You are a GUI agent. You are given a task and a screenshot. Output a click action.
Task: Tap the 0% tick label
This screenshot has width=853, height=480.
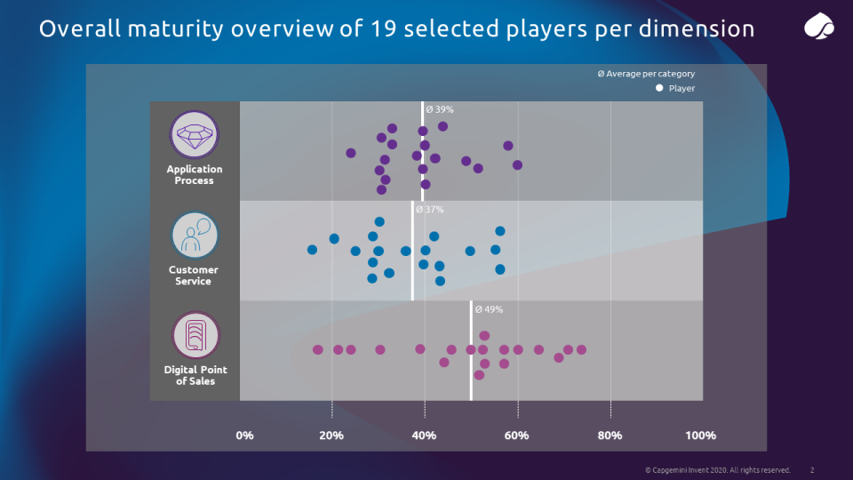pyautogui.click(x=244, y=436)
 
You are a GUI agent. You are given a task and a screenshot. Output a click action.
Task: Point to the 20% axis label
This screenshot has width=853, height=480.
pyautogui.click(x=331, y=436)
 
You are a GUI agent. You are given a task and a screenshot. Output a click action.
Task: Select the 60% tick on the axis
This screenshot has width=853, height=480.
pyautogui.click(x=517, y=436)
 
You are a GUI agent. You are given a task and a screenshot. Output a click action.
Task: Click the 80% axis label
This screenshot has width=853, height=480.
pyautogui.click(x=610, y=436)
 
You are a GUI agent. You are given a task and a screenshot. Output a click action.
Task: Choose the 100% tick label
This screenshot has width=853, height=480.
pyautogui.click(x=700, y=436)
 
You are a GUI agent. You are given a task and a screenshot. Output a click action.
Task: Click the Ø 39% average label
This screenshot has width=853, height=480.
pyautogui.click(x=440, y=109)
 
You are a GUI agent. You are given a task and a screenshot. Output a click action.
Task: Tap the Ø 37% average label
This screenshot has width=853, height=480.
pyautogui.click(x=430, y=210)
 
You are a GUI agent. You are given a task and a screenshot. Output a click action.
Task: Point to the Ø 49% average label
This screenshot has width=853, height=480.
pyautogui.click(x=490, y=309)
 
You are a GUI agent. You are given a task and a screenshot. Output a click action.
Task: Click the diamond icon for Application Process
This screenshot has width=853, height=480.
pyautogui.click(x=194, y=135)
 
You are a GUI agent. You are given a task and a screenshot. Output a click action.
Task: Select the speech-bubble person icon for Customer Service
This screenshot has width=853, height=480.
pyautogui.click(x=194, y=236)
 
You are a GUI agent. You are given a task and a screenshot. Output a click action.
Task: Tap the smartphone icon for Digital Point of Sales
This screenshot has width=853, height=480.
pyautogui.click(x=194, y=336)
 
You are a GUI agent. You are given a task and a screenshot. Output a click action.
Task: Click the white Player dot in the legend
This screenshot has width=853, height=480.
pyautogui.click(x=659, y=88)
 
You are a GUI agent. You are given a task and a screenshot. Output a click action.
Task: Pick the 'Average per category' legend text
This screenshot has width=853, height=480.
pyautogui.click(x=650, y=74)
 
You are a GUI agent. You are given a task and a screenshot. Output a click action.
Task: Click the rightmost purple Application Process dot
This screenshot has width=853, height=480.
pyautogui.click(x=517, y=164)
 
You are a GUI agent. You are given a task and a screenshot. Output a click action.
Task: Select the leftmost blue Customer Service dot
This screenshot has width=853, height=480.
pyautogui.click(x=312, y=250)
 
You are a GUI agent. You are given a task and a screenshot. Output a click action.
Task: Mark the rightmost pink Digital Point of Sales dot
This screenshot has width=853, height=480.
pyautogui.click(x=581, y=349)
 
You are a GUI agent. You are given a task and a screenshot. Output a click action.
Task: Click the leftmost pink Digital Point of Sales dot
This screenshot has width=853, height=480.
pyautogui.click(x=317, y=349)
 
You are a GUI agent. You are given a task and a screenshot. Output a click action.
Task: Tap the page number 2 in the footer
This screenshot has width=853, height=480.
pyautogui.click(x=812, y=469)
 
